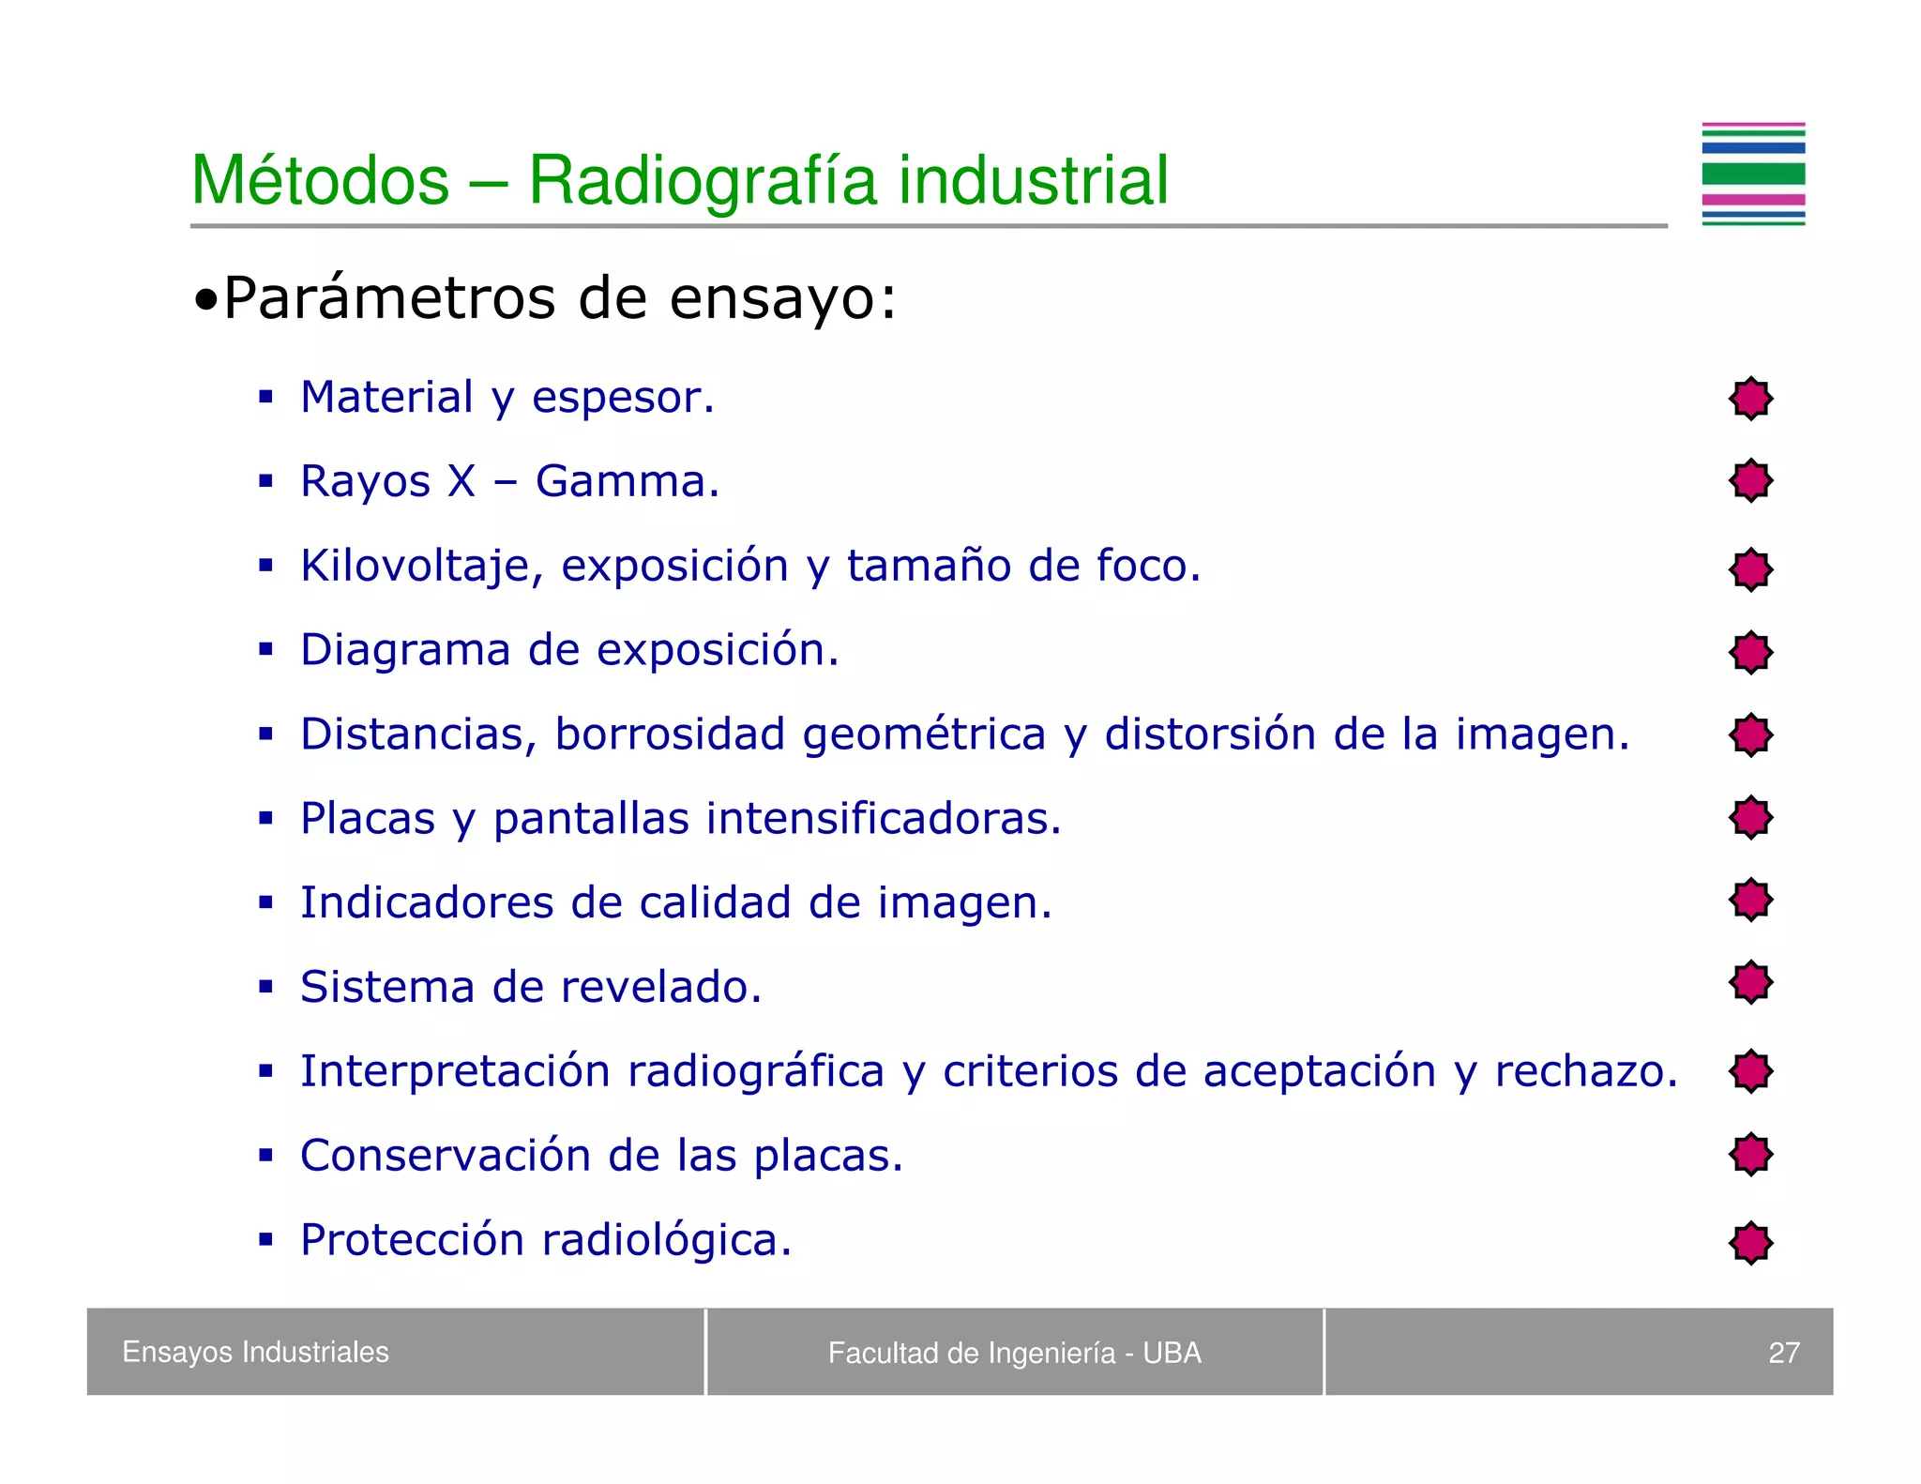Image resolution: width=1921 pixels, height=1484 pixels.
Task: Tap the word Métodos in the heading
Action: pyautogui.click(x=321, y=180)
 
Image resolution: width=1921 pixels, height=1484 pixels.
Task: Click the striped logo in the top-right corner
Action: pyautogui.click(x=1752, y=174)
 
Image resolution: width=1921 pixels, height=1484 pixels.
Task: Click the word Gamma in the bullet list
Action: pyautogui.click(x=627, y=481)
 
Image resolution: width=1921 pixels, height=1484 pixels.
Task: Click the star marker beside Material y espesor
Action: pyautogui.click(x=1750, y=399)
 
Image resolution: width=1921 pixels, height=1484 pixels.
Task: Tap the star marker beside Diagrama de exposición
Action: pyautogui.click(x=1750, y=652)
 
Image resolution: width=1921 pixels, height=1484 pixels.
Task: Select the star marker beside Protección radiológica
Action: pyautogui.click(x=1750, y=1243)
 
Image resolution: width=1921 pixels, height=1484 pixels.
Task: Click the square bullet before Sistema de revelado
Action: pyautogui.click(x=266, y=987)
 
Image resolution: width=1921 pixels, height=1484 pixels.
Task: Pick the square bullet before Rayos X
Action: pyautogui.click(x=266, y=482)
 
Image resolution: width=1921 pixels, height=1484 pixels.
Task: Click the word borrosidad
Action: pyautogui.click(x=670, y=734)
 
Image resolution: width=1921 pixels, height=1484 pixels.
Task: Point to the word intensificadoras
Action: pyautogui.click(x=884, y=818)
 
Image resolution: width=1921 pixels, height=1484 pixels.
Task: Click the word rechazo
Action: pyautogui.click(x=1585, y=1071)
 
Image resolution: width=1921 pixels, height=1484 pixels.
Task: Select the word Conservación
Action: pyautogui.click(x=445, y=1156)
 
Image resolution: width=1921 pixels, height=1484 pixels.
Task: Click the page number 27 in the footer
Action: pyautogui.click(x=1783, y=1353)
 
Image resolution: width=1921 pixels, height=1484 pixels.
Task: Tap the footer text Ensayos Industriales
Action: pyautogui.click(x=255, y=1352)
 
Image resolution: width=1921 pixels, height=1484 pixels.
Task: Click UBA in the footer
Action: pyautogui.click(x=1172, y=1353)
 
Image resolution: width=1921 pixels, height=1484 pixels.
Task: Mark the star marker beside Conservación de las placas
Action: pyautogui.click(x=1750, y=1154)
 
